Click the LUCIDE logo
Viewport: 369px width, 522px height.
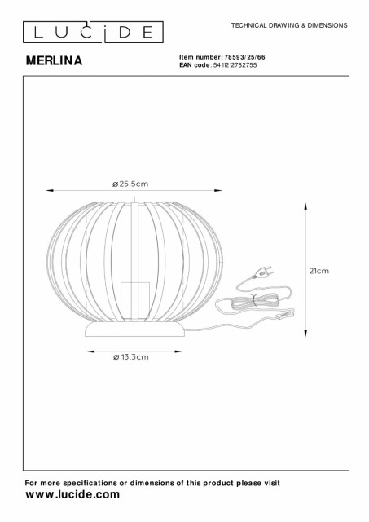point(93,33)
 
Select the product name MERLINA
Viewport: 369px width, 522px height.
point(55,60)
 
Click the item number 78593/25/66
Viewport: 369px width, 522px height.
point(245,57)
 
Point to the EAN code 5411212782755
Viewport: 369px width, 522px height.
point(235,65)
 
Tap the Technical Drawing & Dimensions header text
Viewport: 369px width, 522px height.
point(289,25)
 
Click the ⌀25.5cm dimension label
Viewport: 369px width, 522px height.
point(130,184)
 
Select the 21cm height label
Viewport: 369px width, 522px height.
point(319,271)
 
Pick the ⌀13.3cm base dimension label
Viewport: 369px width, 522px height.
point(130,357)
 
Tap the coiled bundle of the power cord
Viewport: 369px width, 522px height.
point(253,301)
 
